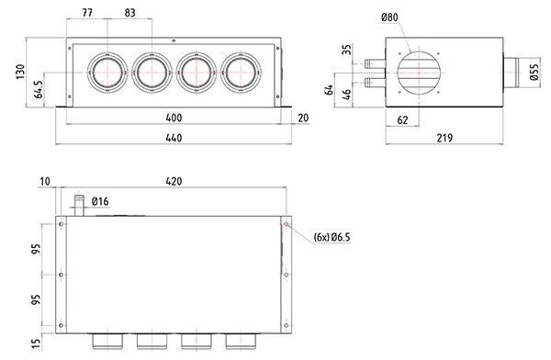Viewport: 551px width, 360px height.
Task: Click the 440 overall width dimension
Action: point(174,138)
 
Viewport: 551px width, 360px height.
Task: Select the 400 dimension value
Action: point(174,118)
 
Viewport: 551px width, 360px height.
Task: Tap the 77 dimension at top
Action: point(87,13)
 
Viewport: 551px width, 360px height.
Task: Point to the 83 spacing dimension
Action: point(129,13)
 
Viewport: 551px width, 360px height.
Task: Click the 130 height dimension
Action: point(20,72)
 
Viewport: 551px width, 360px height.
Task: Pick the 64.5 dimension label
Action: point(39,89)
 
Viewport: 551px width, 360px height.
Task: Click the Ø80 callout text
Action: point(389,17)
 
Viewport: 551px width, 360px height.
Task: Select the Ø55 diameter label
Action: point(534,73)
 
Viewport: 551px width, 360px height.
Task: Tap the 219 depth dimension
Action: point(444,138)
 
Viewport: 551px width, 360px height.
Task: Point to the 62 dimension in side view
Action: point(402,120)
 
